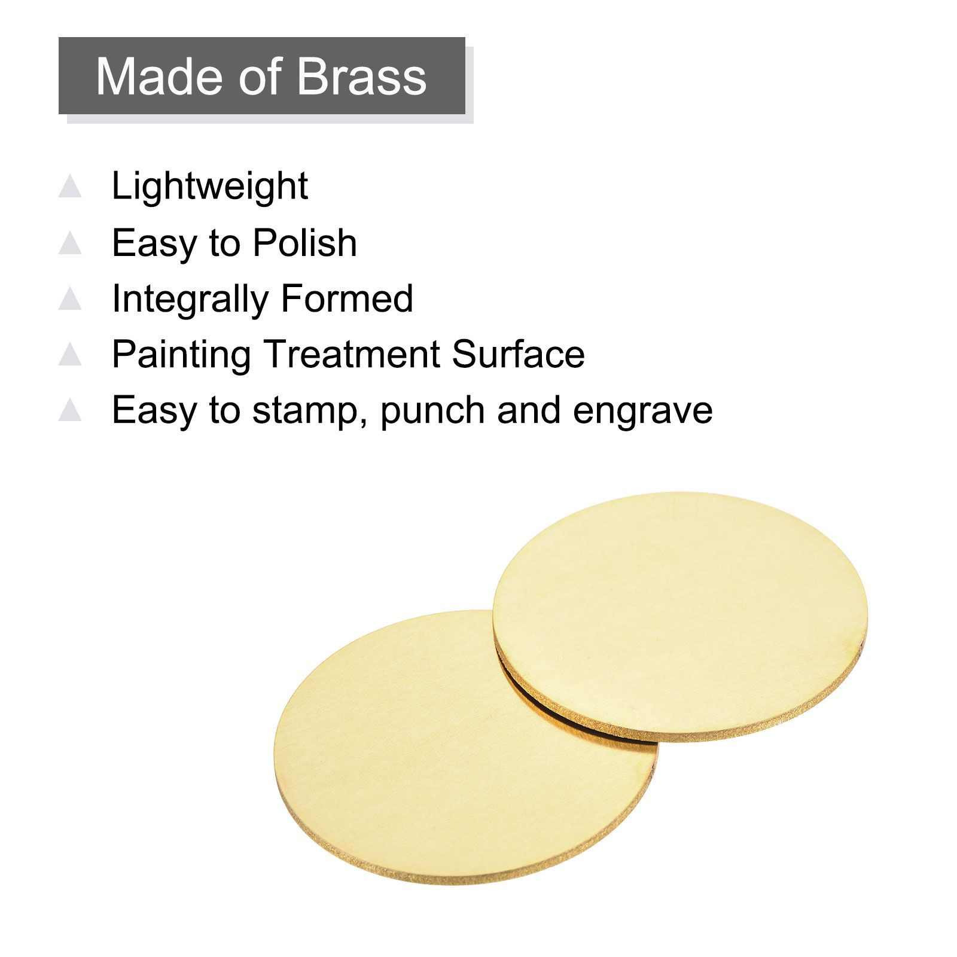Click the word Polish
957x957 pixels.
pyautogui.click(x=304, y=242)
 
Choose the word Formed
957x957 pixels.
pyautogui.click(x=347, y=298)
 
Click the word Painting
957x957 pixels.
pyautogui.click(x=181, y=355)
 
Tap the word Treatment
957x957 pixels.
pyautogui.click(x=352, y=354)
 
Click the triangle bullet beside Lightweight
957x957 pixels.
pyautogui.click(x=70, y=186)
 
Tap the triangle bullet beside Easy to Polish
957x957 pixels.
pyautogui.click(x=70, y=243)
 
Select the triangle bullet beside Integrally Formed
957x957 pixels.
pyautogui.click(x=70, y=298)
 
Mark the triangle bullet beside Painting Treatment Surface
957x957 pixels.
pyautogui.click(x=70, y=355)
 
